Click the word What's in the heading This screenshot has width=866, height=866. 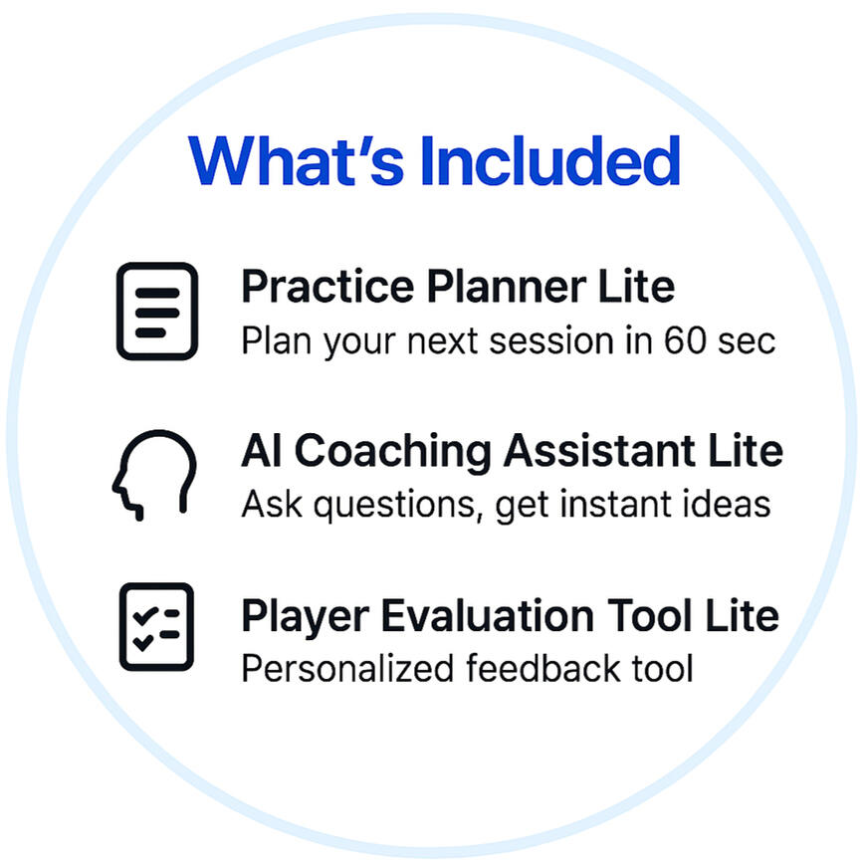(296, 160)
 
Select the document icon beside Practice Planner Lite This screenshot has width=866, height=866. (157, 311)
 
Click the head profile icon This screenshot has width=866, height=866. (154, 475)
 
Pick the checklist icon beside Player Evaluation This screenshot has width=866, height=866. (157, 627)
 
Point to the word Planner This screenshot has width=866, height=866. (507, 288)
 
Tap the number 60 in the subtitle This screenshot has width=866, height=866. (685, 340)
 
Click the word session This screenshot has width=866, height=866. (551, 341)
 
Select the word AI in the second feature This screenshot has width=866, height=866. (262, 451)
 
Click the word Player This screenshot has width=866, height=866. (306, 617)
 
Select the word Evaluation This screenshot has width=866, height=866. (488, 615)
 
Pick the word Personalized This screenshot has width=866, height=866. (348, 668)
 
